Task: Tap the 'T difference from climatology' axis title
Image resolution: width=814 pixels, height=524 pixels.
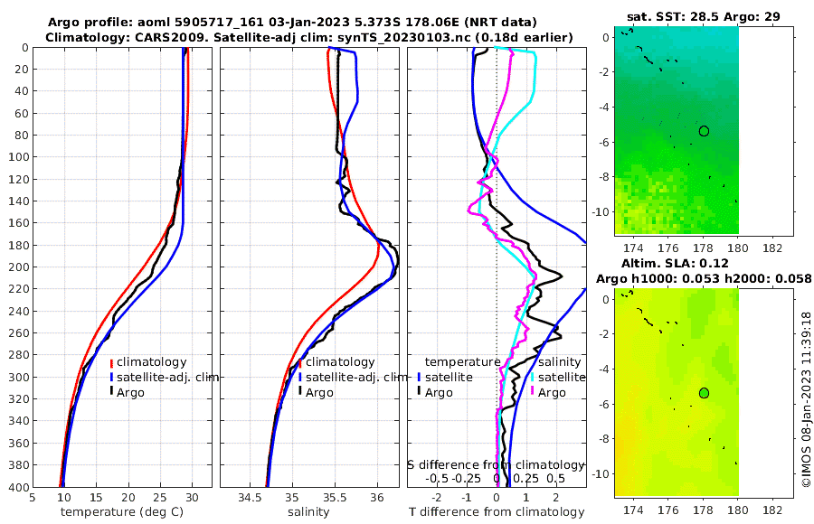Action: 497,512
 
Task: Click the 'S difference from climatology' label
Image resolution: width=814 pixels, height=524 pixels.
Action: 497,464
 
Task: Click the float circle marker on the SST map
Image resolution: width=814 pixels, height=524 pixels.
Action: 704,131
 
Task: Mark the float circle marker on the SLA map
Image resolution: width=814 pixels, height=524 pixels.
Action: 704,393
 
